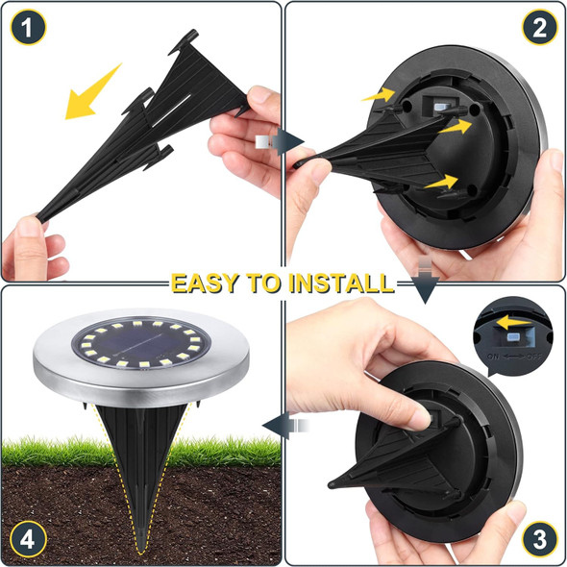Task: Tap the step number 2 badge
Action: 539,29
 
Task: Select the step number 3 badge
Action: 539,538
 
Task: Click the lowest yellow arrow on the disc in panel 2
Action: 441,180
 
